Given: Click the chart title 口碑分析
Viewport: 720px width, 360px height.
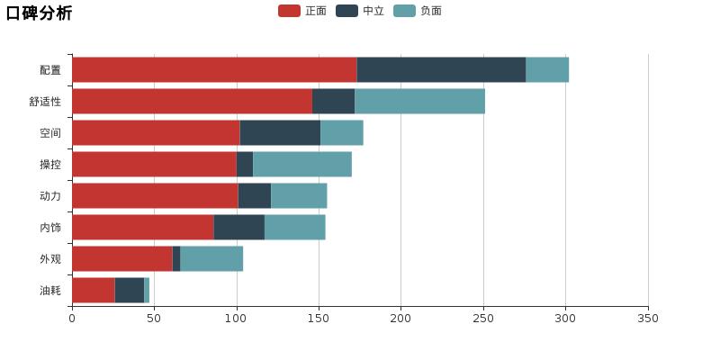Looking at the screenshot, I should (x=39, y=13).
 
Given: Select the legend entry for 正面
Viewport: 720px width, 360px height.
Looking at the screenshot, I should (x=302, y=11).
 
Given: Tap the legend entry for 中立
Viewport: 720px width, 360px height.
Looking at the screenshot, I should (x=360, y=11).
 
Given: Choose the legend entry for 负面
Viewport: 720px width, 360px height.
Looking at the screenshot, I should (x=418, y=11).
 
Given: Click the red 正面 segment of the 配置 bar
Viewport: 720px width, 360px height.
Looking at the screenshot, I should (x=214, y=70).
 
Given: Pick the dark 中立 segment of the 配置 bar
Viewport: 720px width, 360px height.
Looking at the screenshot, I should (x=441, y=70).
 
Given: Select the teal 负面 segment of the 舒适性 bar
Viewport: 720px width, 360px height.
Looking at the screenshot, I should (x=419, y=102).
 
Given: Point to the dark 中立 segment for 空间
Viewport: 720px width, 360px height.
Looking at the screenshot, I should (x=280, y=133).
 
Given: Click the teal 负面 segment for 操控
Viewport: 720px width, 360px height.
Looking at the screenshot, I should (x=302, y=165).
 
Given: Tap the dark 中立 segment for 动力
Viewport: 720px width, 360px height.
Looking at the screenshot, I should (x=255, y=196).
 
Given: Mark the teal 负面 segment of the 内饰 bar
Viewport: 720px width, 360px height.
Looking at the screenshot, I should (x=295, y=228).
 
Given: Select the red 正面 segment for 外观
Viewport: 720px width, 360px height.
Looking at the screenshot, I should (x=122, y=259).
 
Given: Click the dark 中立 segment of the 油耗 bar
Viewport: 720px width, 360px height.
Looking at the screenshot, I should (x=130, y=291).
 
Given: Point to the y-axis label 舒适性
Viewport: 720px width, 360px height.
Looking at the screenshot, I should (x=45, y=102).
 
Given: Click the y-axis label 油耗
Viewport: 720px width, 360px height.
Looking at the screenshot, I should (x=50, y=291).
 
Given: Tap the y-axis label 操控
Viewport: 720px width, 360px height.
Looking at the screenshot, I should (x=50, y=165).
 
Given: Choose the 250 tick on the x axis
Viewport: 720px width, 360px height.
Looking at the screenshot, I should (x=483, y=319).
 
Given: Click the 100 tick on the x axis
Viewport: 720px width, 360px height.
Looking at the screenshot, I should (x=237, y=319).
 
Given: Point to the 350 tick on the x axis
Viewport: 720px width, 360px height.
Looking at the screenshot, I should (x=648, y=319).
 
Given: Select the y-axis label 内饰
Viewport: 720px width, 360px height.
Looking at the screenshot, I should (x=50, y=228).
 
